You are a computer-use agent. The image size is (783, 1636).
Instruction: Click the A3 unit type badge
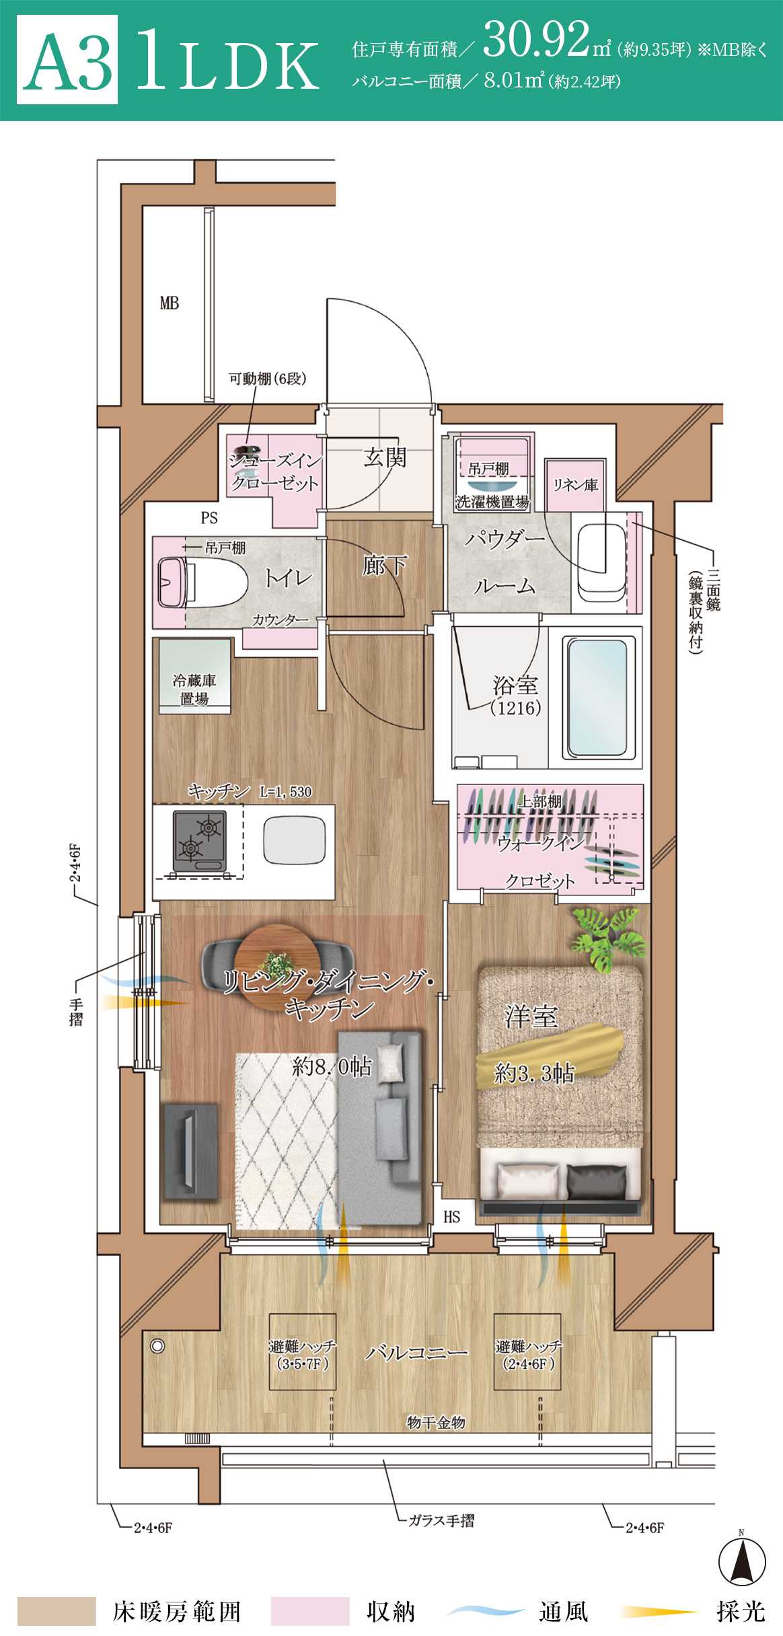click(x=67, y=59)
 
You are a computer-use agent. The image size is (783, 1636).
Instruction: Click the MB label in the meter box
click(x=170, y=303)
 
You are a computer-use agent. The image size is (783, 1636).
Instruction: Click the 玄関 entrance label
click(x=385, y=457)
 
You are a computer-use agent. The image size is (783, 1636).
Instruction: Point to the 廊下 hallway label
click(x=384, y=565)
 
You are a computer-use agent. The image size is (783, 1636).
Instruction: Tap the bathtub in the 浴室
click(x=597, y=697)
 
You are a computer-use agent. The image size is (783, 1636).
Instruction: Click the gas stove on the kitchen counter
click(x=199, y=841)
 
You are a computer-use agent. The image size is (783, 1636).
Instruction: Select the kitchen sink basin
click(x=295, y=840)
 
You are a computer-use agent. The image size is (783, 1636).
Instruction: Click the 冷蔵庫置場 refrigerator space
click(x=194, y=675)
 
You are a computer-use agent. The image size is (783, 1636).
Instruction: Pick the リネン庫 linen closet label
click(x=575, y=485)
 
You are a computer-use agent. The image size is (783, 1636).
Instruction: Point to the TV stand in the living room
click(x=190, y=1150)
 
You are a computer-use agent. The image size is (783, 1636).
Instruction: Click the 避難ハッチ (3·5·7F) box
click(x=303, y=1352)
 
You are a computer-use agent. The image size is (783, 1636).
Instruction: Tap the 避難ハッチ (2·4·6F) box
click(x=527, y=1352)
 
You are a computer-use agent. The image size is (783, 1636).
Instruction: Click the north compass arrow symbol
click(x=742, y=1561)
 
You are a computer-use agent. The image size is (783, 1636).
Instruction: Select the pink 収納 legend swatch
click(x=310, y=1611)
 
